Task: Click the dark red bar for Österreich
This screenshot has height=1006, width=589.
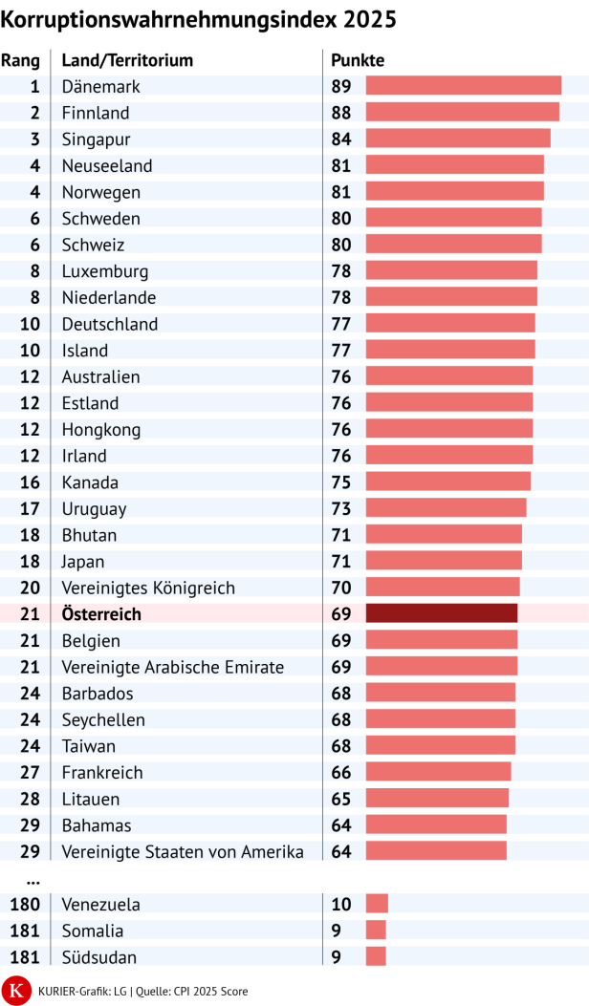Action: click(x=442, y=613)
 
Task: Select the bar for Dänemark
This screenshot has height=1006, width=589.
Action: click(x=464, y=86)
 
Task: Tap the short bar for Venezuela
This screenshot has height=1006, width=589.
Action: click(x=377, y=904)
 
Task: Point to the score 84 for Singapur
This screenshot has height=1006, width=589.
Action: click(x=341, y=139)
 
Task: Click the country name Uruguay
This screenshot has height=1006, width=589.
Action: click(x=94, y=508)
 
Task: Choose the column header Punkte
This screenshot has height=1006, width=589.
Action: click(x=358, y=60)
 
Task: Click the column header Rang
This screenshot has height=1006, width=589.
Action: click(x=20, y=60)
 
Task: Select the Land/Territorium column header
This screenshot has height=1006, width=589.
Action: click(x=127, y=60)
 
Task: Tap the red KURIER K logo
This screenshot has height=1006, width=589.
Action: click(x=15, y=990)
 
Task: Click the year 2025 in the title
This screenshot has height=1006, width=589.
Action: click(x=367, y=19)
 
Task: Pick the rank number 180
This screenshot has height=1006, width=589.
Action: click(x=24, y=904)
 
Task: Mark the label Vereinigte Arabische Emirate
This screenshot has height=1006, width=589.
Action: click(x=172, y=667)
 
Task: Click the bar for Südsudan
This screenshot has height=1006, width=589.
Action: click(x=376, y=956)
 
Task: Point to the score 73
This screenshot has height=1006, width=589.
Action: click(x=341, y=508)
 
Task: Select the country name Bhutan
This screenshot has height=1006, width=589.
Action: click(x=89, y=535)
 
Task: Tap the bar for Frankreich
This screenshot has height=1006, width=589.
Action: click(x=438, y=772)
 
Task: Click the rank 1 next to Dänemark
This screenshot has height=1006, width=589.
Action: click(x=34, y=86)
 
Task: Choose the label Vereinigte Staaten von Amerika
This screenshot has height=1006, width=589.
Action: click(x=183, y=851)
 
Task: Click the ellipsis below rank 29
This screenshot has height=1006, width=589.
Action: click(x=33, y=879)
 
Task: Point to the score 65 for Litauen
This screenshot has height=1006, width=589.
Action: click(x=341, y=799)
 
